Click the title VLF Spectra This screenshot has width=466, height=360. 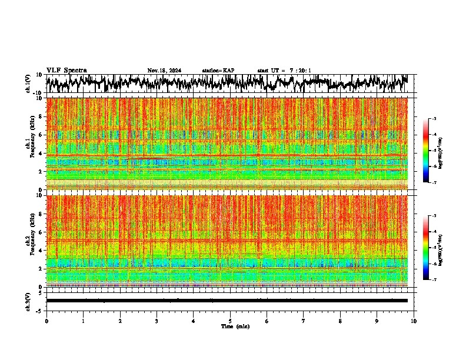pos(66,70)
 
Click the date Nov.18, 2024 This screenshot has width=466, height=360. pos(164,71)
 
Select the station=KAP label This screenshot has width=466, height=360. pos(218,71)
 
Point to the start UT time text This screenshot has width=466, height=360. pos(284,71)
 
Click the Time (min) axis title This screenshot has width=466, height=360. pos(235,326)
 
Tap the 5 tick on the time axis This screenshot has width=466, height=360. pos(230,321)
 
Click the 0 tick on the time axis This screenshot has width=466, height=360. pos(46,321)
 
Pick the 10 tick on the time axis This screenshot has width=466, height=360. pos(414,321)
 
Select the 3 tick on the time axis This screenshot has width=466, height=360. pos(157,321)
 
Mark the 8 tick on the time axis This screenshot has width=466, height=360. pos(340,321)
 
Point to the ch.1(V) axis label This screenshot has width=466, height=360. pos(28,84)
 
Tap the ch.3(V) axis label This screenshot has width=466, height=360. pos(28,301)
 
